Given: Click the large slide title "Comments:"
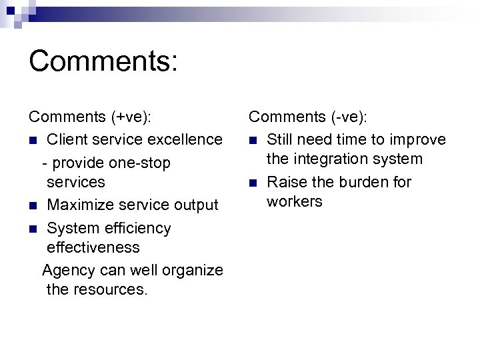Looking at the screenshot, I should (x=103, y=61).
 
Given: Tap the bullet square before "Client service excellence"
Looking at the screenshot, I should (x=33, y=140).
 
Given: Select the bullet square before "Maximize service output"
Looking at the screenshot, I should (x=33, y=205).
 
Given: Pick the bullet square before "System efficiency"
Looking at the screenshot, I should (x=33, y=229).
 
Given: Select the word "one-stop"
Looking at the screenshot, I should (x=142, y=163).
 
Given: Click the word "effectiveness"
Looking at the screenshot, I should (x=93, y=247).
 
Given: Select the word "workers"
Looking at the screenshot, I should (x=294, y=201).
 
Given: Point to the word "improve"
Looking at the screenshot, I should (x=418, y=139).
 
